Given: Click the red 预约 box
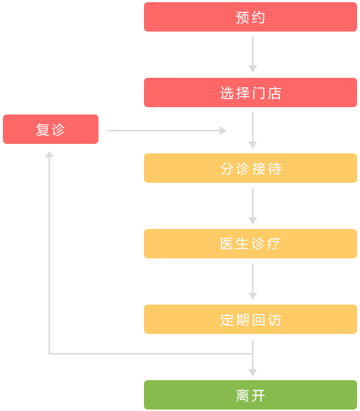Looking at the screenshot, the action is tap(251, 17).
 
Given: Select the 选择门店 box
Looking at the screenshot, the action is tap(251, 92).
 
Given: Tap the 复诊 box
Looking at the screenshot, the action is tap(51, 129).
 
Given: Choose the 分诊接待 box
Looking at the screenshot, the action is tap(251, 168).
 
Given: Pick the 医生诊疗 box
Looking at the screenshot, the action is tap(251, 244).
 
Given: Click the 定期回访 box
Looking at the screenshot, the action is tap(251, 319).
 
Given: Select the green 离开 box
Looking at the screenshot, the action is tap(251, 395).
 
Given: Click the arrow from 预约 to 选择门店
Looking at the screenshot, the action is tap(253, 54).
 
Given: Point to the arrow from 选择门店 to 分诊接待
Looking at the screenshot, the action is tap(253, 131).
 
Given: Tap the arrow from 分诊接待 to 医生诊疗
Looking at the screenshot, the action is tap(253, 206).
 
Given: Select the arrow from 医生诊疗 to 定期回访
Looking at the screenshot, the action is tap(253, 282).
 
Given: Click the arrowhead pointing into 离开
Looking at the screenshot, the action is tap(253, 373).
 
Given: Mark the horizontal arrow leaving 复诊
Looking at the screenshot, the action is tap(167, 131).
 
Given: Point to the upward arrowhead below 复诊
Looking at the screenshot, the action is tap(49, 154).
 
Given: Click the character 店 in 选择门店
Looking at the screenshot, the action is tap(275, 93).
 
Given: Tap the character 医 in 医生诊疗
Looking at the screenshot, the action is tap(227, 244).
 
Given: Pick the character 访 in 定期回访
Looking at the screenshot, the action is tap(275, 320).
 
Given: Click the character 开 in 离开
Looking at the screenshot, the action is tap(259, 396).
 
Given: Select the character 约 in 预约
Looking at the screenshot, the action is tap(259, 18).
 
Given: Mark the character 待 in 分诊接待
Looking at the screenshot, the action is tap(275, 169).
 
